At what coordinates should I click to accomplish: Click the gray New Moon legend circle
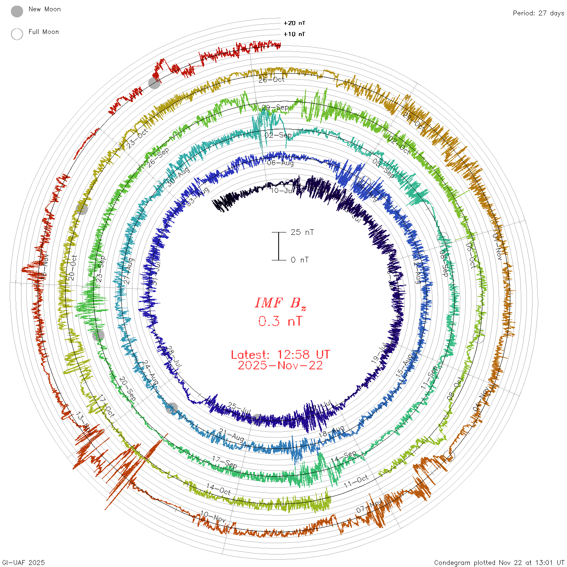pos(17,11)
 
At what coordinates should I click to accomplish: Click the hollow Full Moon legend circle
pos(17,34)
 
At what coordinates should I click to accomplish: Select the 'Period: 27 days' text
pos(538,13)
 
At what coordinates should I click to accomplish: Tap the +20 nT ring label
pos(294,23)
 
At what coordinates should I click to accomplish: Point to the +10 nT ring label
pos(294,34)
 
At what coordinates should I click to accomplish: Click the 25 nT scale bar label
pos(302,232)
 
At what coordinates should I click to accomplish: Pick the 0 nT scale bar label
pos(300,260)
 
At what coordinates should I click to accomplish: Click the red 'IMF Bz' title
pos(280,303)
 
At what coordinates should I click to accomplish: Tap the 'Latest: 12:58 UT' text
pos(280,355)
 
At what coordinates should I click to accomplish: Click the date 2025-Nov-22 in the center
pos(280,365)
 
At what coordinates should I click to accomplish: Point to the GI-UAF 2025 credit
pos(23,562)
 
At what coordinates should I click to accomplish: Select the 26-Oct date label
pos(271,80)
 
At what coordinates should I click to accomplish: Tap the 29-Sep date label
pos(275,108)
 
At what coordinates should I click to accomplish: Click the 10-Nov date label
pos(213,517)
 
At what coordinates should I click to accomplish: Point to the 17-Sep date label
pos(224,462)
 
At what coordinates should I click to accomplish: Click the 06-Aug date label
pos(280,163)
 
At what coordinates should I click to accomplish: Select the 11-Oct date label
pos(356,481)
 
